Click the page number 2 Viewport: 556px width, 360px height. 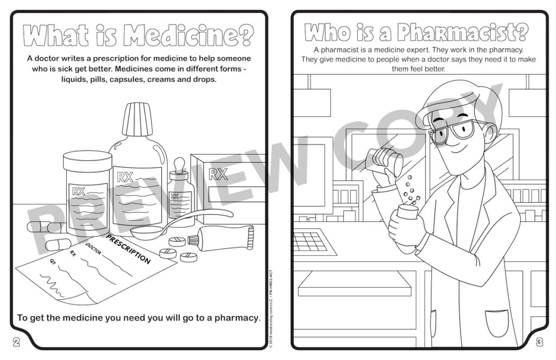[16, 342]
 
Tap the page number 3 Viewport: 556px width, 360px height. [539, 342]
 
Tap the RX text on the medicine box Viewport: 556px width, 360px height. [218, 174]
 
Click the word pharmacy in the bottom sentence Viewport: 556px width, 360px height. [236, 318]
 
